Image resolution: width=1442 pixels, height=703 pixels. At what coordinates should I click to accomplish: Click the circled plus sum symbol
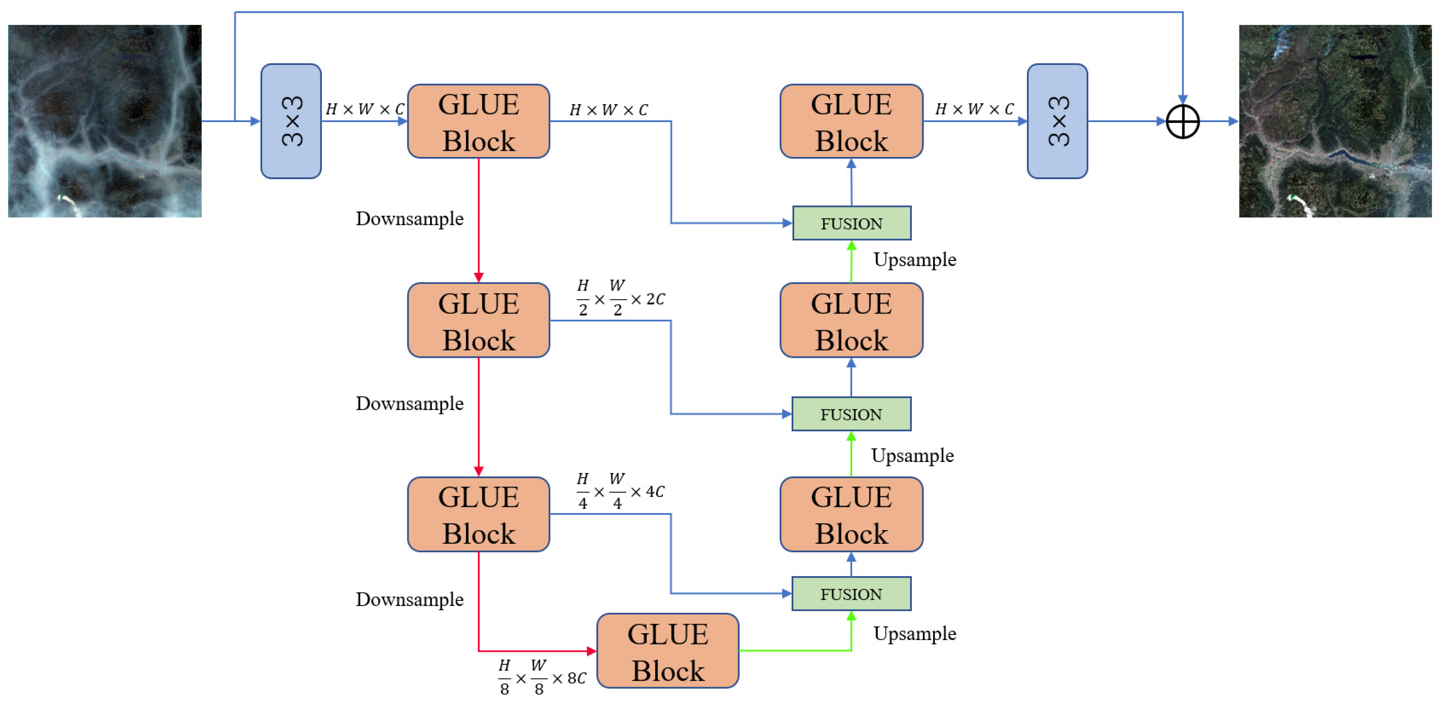pos(1182,121)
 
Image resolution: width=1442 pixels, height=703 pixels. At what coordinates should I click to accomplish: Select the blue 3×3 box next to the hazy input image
pos(291,121)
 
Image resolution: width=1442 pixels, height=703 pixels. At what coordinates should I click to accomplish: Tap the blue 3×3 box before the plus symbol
pos(1057,121)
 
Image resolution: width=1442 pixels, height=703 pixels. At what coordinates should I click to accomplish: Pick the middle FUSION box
pos(851,414)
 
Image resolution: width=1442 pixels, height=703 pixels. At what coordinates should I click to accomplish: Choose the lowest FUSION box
pos(851,594)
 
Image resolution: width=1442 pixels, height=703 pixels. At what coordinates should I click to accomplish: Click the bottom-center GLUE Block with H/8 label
pos(667,651)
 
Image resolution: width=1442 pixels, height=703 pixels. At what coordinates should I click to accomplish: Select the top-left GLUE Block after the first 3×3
pos(478,121)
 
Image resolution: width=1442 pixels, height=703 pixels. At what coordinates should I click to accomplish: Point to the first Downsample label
pos(409,219)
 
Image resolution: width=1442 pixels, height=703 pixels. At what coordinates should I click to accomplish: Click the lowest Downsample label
pos(409,600)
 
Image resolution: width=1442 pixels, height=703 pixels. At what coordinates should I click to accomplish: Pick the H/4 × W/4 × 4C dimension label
pos(620,491)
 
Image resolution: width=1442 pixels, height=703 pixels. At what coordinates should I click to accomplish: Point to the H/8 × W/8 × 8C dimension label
pos(542,677)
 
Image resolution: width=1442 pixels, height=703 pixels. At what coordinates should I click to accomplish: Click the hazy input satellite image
pos(105,121)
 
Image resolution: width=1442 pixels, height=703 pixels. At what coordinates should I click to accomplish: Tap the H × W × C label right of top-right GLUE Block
pos(974,109)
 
